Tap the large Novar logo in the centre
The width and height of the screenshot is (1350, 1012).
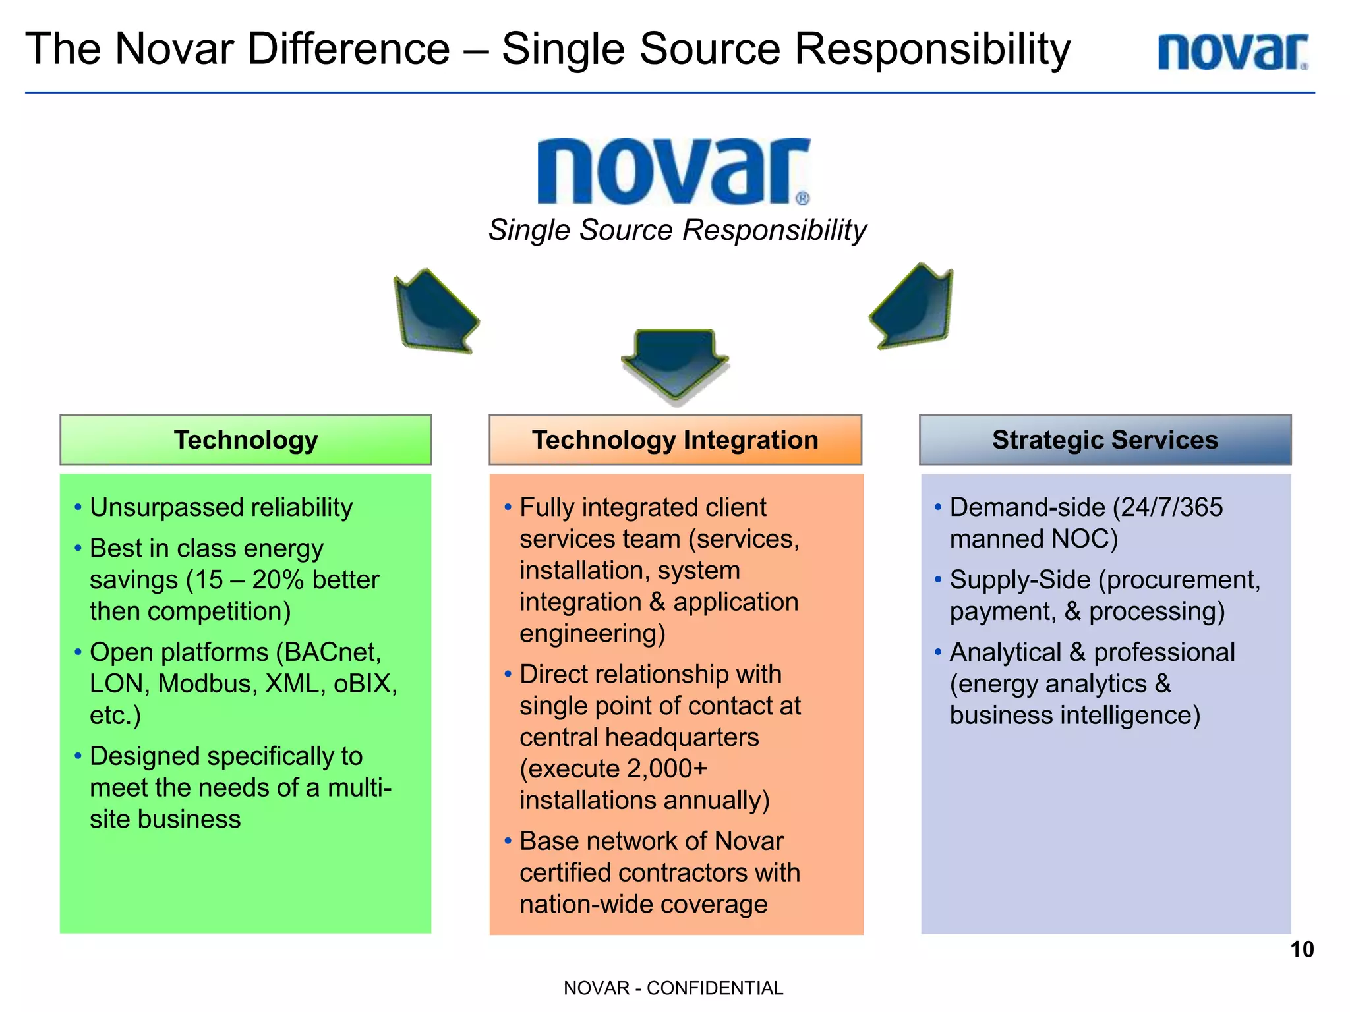point(674,171)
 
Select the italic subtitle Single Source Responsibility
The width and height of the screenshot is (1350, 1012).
point(677,231)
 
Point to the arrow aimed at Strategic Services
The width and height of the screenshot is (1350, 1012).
point(913,306)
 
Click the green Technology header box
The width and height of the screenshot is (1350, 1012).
point(246,440)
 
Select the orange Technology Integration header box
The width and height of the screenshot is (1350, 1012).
point(675,440)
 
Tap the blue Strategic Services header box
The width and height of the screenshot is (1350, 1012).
point(1105,440)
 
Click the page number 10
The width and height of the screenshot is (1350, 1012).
point(1302,949)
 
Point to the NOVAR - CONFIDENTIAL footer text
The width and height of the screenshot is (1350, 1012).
point(673,988)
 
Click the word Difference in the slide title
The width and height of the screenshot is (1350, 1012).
point(349,49)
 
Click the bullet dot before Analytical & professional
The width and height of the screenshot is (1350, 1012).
point(937,652)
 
